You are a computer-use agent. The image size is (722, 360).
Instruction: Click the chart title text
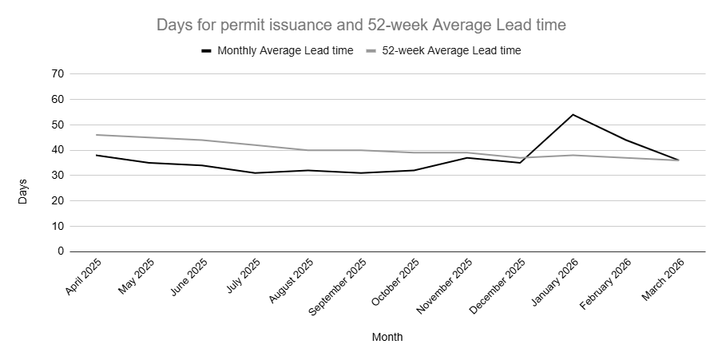(x=361, y=26)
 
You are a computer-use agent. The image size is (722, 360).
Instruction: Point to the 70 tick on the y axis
(x=57, y=74)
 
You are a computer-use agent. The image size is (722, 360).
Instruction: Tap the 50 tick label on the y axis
(x=57, y=125)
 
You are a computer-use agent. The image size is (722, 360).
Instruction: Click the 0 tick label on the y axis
(x=60, y=251)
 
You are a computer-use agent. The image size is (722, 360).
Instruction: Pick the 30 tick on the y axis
(x=57, y=176)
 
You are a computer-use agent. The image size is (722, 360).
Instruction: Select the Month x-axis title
(x=387, y=337)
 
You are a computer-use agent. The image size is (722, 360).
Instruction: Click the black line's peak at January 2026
(x=573, y=115)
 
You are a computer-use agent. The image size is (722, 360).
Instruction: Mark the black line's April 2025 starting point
(x=96, y=155)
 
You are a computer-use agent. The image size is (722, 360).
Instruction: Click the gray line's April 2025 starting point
(x=96, y=135)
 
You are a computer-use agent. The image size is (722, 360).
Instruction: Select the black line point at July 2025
(x=255, y=173)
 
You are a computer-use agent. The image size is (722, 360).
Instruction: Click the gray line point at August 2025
(x=308, y=150)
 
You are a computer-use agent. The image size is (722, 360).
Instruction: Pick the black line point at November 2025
(x=467, y=157)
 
